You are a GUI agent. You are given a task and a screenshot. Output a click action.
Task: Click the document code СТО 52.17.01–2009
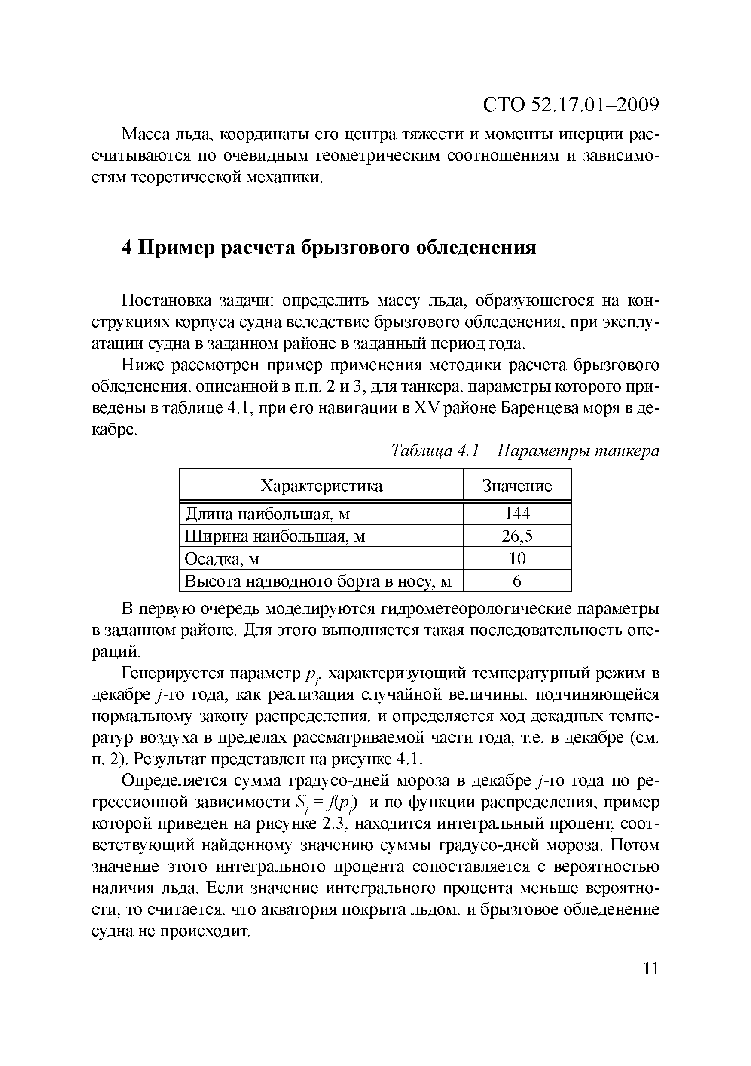point(571,105)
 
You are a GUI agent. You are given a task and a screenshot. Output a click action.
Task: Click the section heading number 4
point(127,248)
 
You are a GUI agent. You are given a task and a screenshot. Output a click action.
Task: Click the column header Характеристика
point(321,486)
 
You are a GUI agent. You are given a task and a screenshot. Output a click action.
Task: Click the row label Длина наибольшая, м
point(267,514)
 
